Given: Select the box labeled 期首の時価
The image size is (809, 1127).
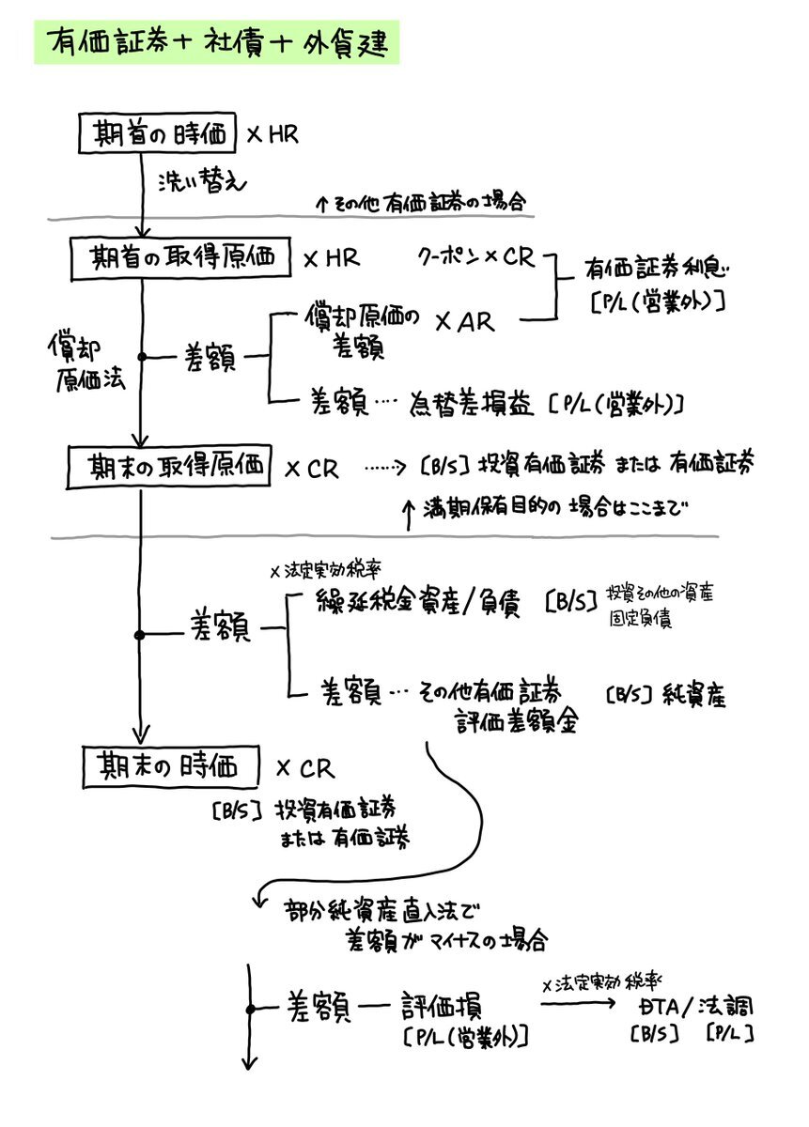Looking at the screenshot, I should tap(156, 134).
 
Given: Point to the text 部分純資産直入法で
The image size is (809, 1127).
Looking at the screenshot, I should tap(382, 909).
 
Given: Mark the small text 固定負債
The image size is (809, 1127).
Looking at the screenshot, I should tap(639, 621).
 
